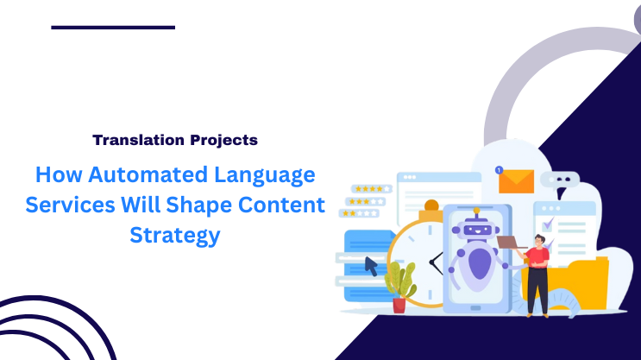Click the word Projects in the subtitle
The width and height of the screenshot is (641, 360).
[x=223, y=139]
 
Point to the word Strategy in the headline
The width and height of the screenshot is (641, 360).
[x=175, y=233]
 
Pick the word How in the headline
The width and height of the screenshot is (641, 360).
[x=55, y=176]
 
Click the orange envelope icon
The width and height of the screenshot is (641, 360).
[x=517, y=180]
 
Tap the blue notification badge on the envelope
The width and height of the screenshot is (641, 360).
[x=499, y=170]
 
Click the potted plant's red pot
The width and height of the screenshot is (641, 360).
[x=399, y=305]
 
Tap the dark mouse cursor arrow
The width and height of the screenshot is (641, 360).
[x=371, y=265]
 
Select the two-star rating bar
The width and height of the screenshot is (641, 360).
[x=360, y=212]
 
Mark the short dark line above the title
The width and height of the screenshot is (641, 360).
[x=113, y=28]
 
